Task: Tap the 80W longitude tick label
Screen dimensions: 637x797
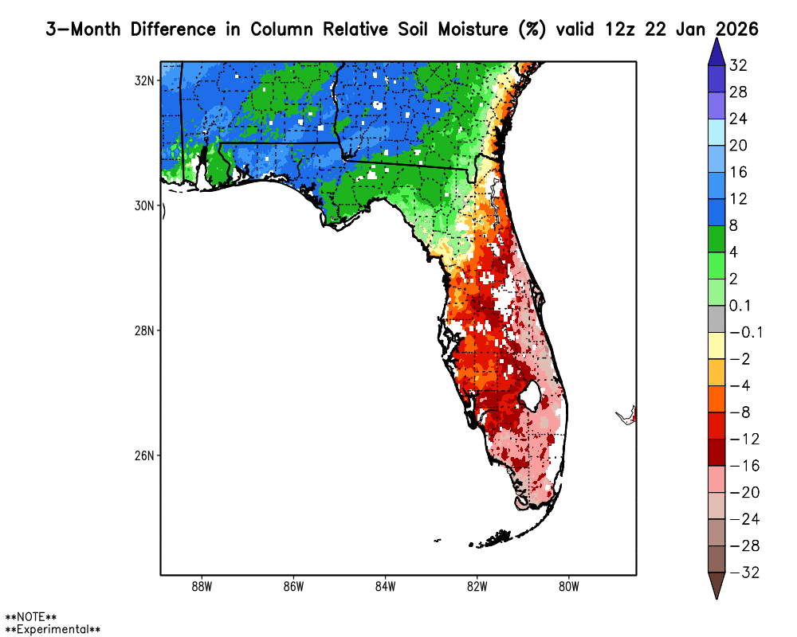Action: click(x=568, y=588)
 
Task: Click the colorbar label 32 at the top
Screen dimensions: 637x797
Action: click(x=737, y=65)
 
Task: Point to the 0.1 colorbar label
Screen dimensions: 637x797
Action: click(x=740, y=306)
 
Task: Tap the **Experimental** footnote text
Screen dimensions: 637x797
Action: click(x=53, y=629)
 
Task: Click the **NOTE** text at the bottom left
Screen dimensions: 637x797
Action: click(x=31, y=617)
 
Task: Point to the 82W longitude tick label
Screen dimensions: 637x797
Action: click(x=477, y=588)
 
